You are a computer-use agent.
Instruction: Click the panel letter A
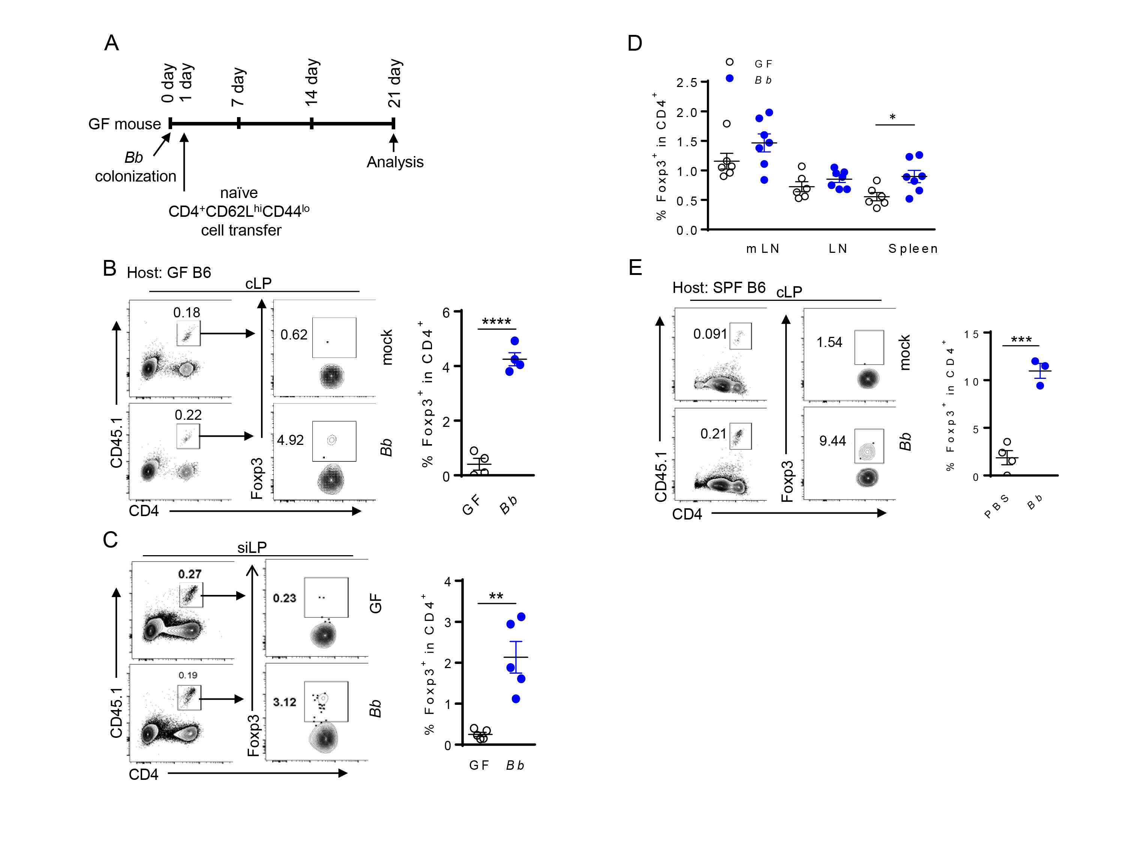coord(111,43)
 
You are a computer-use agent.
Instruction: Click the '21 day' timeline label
coord(394,83)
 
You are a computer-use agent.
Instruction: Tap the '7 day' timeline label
coord(238,87)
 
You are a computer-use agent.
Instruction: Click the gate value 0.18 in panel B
coord(187,312)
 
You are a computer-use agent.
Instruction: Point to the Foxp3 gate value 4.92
coord(290,440)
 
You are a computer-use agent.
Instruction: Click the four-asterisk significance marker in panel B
coord(496,322)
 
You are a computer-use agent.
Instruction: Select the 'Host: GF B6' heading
coord(169,273)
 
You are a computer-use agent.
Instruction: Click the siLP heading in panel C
coord(252,547)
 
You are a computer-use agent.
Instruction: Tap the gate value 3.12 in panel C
coord(284,702)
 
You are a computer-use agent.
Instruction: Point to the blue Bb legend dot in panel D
coord(729,78)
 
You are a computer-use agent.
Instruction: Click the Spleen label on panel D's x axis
coord(913,249)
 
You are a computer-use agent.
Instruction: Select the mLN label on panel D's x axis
coord(762,249)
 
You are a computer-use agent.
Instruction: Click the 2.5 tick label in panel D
coord(687,83)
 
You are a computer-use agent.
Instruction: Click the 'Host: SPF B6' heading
coord(718,288)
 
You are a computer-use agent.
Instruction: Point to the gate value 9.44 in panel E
coord(832,441)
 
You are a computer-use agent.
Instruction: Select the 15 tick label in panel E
coord(971,334)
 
